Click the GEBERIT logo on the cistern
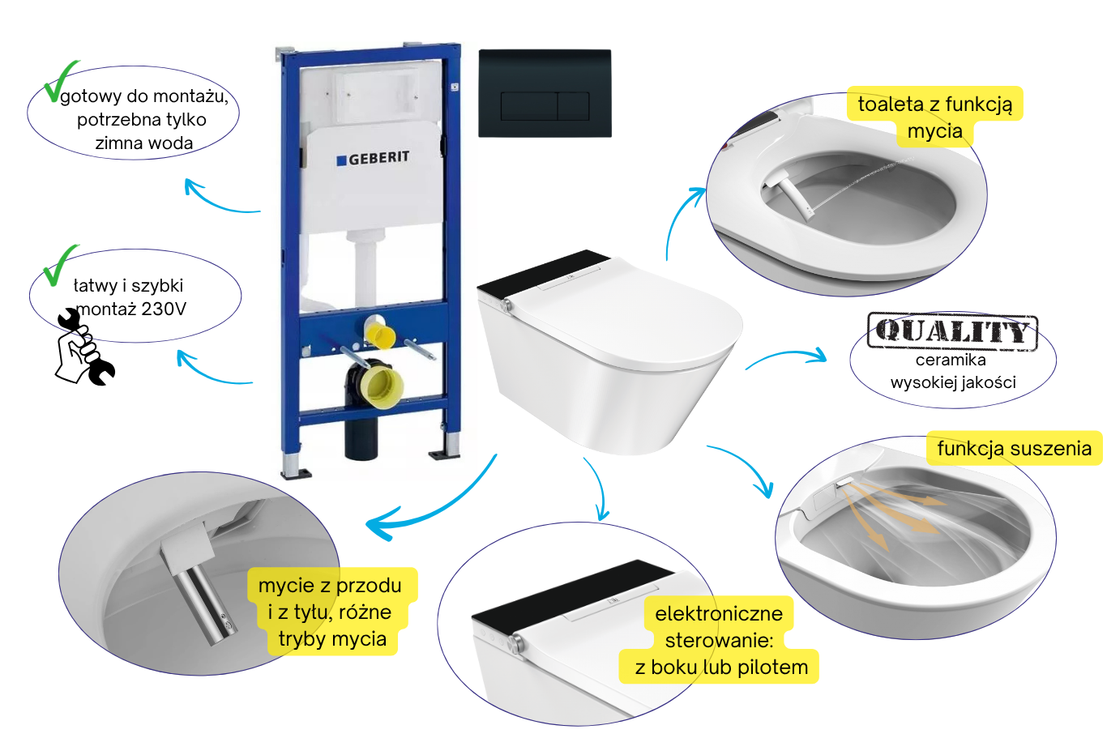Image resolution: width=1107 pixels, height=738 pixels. [373, 159]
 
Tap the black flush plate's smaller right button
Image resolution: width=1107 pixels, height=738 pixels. [574, 105]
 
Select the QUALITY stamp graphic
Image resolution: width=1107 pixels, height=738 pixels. [952, 331]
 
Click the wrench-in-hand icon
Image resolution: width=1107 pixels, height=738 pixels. [85, 348]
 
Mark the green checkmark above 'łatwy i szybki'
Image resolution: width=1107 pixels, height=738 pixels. [59, 265]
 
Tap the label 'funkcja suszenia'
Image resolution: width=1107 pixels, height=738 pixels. [1015, 449]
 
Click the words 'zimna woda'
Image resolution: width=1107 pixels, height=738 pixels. [143, 143]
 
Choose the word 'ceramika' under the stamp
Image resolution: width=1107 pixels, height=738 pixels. [951, 360]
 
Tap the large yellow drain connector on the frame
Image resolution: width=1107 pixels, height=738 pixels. [381, 386]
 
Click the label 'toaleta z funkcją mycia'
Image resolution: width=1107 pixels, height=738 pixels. [935, 117]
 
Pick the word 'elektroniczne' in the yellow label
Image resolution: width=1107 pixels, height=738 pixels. [719, 614]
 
